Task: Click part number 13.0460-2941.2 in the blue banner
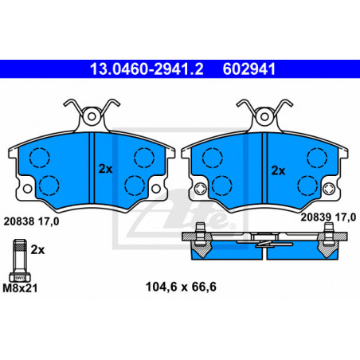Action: tap(147, 69)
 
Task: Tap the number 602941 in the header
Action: tap(249, 69)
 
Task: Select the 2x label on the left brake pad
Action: tap(105, 169)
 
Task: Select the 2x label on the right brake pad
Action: tap(278, 170)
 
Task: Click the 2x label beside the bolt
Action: tap(37, 250)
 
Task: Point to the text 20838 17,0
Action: tap(31, 221)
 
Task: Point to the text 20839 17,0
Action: tap(328, 217)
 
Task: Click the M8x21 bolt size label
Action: tap(20, 288)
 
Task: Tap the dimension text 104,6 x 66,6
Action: tap(181, 287)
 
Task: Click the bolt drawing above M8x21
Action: tap(20, 260)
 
